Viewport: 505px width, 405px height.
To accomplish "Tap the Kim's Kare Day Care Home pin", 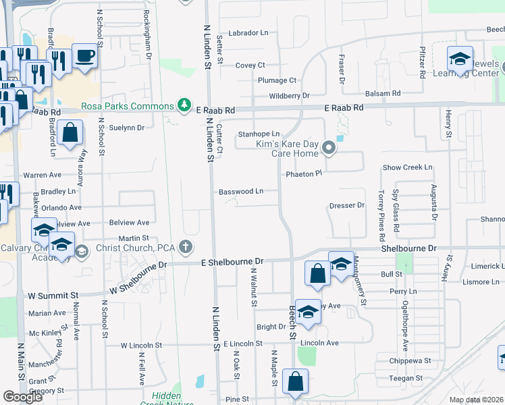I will (329, 147).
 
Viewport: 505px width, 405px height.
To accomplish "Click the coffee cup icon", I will (85, 55).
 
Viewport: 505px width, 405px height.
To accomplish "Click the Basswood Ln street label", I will (241, 191).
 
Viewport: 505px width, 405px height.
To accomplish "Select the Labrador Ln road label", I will (248, 32).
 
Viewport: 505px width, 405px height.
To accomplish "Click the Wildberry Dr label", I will (289, 96).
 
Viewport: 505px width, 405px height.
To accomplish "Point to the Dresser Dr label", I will (346, 205).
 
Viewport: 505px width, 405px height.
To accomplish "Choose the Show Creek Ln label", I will (407, 167).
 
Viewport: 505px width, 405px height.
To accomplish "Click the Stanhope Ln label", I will (259, 134).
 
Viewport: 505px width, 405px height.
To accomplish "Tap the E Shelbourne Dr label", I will (232, 261).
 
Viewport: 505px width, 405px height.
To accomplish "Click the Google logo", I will (22, 397).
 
